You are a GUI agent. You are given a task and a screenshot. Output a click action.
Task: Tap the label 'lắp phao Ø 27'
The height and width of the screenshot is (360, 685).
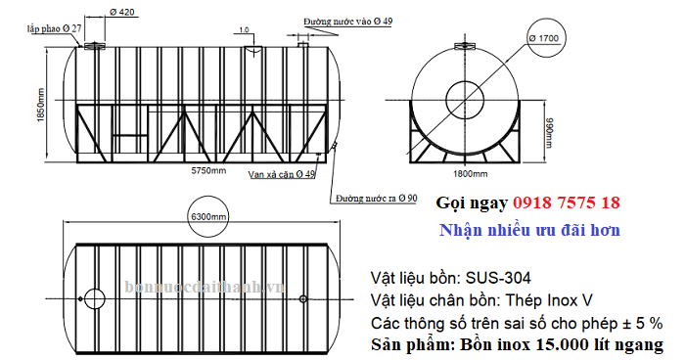[54, 29]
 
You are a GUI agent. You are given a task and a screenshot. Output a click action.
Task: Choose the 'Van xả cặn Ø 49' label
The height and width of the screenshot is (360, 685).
[281, 174]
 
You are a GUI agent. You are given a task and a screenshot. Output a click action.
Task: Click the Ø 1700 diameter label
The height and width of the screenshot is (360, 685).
[543, 38]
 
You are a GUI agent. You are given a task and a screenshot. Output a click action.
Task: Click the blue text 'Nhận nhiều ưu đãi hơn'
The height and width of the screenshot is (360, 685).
[529, 230]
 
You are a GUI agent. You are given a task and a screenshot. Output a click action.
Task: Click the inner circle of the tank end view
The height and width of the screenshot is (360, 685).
[467, 98]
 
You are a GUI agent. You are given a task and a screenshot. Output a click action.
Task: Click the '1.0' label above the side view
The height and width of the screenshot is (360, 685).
[243, 29]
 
